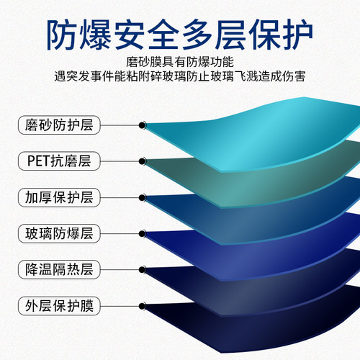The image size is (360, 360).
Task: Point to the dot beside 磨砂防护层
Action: [143, 125]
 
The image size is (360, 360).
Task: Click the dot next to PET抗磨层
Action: [143, 161]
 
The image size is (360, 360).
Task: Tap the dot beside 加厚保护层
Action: [143, 197]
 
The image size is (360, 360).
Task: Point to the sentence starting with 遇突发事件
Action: [179, 76]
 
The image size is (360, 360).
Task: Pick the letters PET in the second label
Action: [35, 161]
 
